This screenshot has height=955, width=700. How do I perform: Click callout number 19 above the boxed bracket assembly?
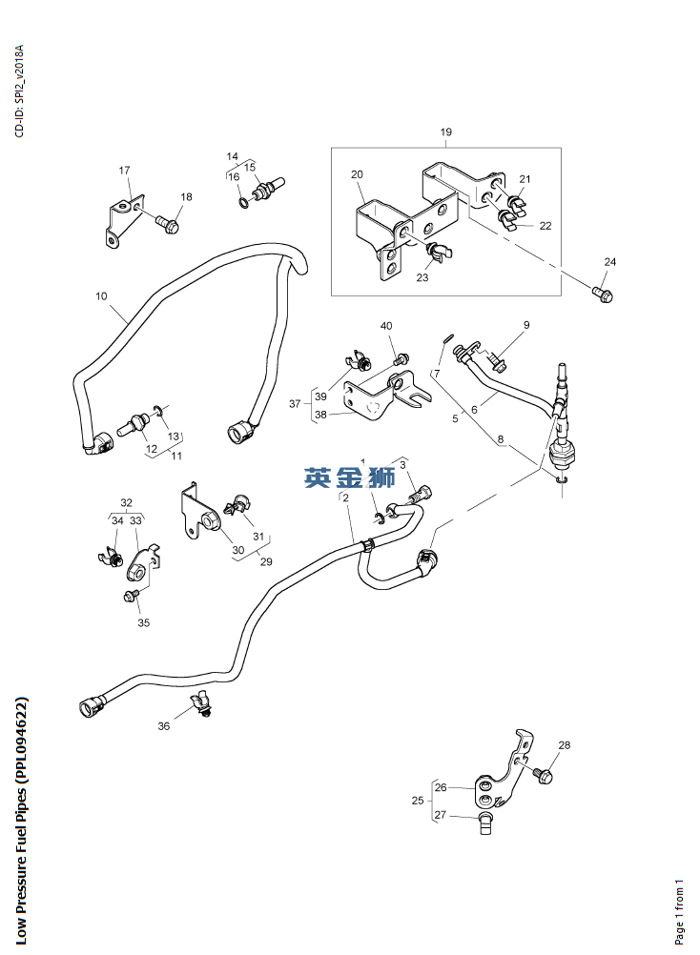click(x=445, y=132)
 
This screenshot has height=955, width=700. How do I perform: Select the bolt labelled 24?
click(x=603, y=293)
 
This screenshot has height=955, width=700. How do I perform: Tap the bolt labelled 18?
click(x=168, y=226)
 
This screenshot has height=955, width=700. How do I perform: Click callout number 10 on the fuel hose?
click(x=101, y=296)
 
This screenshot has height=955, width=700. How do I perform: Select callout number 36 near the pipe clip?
click(x=164, y=726)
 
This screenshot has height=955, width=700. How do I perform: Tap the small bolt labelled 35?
click(x=132, y=596)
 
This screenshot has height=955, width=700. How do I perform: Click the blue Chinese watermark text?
click(x=349, y=477)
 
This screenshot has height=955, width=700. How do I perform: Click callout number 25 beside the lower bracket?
click(x=417, y=802)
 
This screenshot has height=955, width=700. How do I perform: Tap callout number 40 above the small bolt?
click(x=386, y=326)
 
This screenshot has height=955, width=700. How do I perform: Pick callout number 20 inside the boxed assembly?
click(x=357, y=174)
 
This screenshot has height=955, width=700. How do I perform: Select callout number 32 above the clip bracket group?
click(x=126, y=502)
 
